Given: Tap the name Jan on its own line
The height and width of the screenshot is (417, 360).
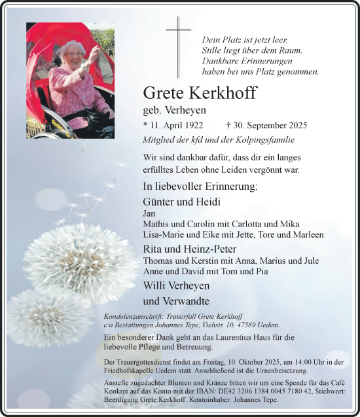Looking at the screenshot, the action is pyautogui.click(x=149, y=213).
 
